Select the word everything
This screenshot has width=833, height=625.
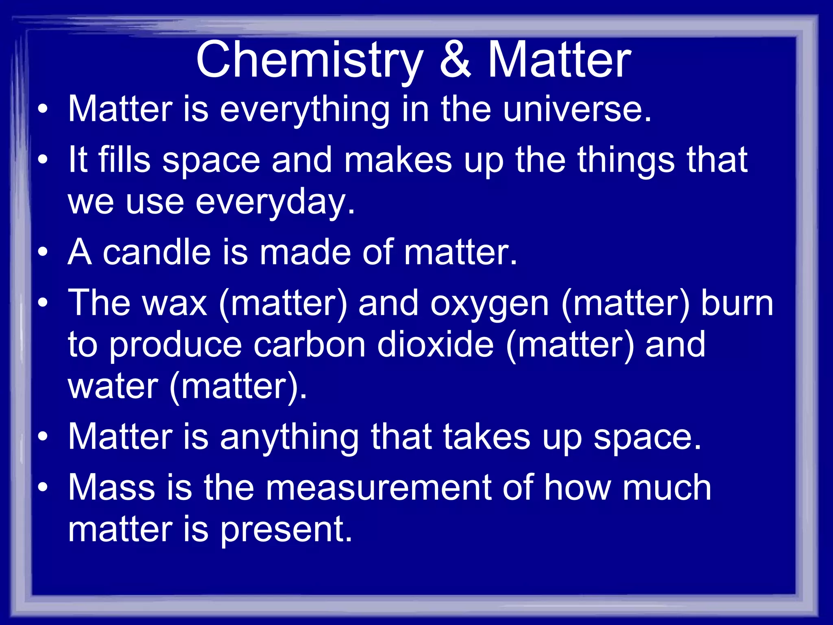[305, 110]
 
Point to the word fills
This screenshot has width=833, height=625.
[124, 160]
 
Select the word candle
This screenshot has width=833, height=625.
[157, 252]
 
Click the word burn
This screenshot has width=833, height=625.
[737, 304]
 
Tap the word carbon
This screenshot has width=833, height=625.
[310, 345]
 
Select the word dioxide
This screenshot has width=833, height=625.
[435, 345]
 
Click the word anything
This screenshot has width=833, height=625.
[289, 438]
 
